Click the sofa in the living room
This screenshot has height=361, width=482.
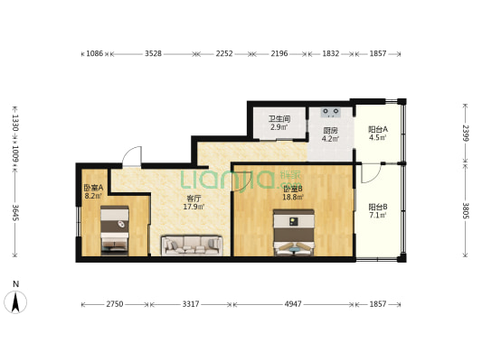tap(192, 245)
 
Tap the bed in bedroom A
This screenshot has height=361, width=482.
tap(115, 231)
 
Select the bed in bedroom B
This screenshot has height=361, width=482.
tap(294, 233)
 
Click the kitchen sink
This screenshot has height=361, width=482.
tap(330, 113)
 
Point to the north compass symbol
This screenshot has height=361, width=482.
tap(15, 302)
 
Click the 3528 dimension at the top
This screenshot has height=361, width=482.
tap(153, 53)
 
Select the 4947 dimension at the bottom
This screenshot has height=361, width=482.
tap(293, 304)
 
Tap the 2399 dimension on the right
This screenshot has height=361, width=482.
tap(466, 133)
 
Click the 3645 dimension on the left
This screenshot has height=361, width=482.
tap(15, 212)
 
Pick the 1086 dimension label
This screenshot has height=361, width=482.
tap(94, 53)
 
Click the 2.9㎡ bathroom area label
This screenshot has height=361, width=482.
tap(279, 127)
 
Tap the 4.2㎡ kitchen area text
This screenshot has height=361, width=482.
tap(330, 139)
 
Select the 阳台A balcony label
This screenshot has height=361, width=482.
tap(378, 129)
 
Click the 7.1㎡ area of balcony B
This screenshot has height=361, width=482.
tap(378, 215)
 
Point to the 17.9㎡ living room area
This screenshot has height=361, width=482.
tap(194, 207)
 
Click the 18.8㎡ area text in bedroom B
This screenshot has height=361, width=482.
tap(293, 198)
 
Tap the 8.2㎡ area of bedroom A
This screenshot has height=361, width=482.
tap(93, 195)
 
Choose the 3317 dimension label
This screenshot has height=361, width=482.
tap(191, 304)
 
